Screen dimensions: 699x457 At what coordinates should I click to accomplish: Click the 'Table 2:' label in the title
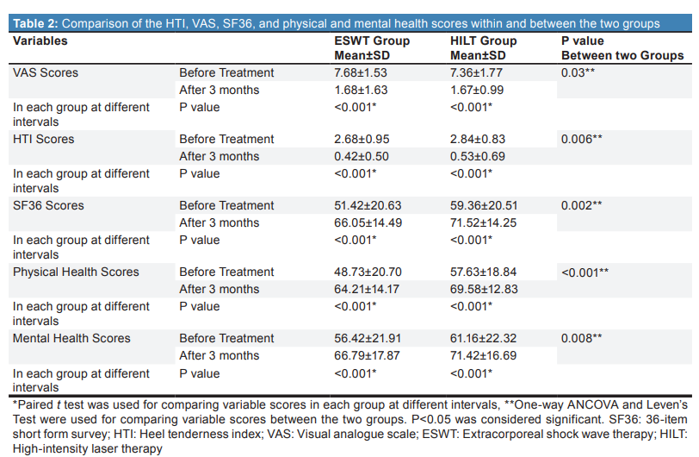click(35, 23)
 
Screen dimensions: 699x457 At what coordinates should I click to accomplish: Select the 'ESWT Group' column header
click(372, 41)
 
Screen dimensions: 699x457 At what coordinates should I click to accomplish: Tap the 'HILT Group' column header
click(483, 41)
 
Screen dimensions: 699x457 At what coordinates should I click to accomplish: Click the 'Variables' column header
click(40, 41)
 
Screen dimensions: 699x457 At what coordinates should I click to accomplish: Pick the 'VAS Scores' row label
click(46, 72)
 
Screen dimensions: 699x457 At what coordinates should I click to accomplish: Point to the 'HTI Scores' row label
click(43, 139)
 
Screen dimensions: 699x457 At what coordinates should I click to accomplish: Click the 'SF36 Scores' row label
click(48, 205)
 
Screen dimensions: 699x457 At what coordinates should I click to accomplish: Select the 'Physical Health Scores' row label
click(76, 272)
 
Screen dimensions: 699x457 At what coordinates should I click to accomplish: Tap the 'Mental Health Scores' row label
click(71, 338)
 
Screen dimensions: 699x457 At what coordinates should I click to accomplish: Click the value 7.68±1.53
click(361, 72)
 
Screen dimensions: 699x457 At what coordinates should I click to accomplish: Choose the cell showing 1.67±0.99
click(477, 90)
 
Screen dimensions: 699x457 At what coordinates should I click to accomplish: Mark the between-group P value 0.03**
click(578, 72)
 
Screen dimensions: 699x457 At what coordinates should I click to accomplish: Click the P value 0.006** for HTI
click(581, 139)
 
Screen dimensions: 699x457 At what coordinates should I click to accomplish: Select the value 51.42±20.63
click(368, 205)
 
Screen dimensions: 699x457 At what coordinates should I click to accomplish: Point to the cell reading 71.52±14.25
click(483, 222)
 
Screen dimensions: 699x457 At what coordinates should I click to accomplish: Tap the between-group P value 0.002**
click(581, 205)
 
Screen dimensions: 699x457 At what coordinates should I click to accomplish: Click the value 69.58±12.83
click(484, 289)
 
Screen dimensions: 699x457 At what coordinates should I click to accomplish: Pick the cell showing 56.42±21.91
click(368, 338)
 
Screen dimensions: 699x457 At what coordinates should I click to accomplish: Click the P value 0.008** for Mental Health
click(581, 338)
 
